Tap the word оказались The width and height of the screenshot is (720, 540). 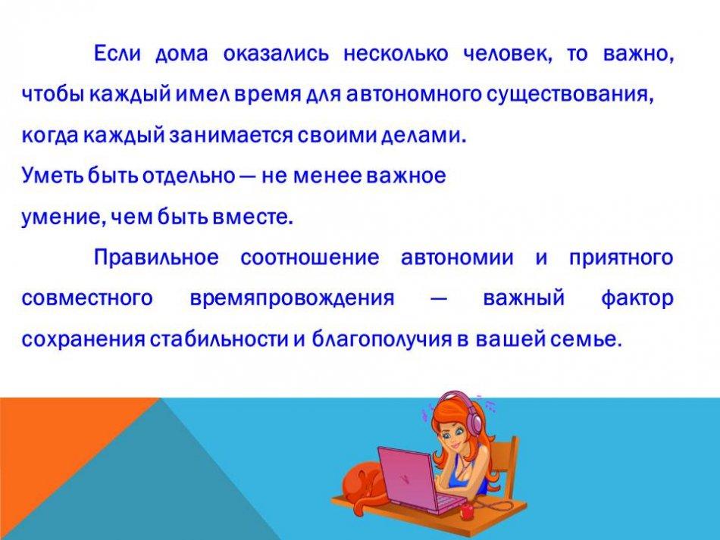tap(276, 54)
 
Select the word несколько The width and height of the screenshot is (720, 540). tap(396, 54)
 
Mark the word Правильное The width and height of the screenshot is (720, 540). tap(156, 257)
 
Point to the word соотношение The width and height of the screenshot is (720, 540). tap(310, 258)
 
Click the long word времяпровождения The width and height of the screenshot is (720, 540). tap(292, 298)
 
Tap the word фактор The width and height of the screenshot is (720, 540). tap(637, 298)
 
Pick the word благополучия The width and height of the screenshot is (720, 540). tap(381, 339)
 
